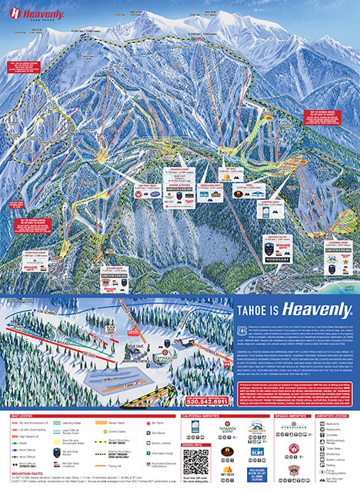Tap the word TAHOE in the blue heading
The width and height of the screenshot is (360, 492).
pos(255,310)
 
